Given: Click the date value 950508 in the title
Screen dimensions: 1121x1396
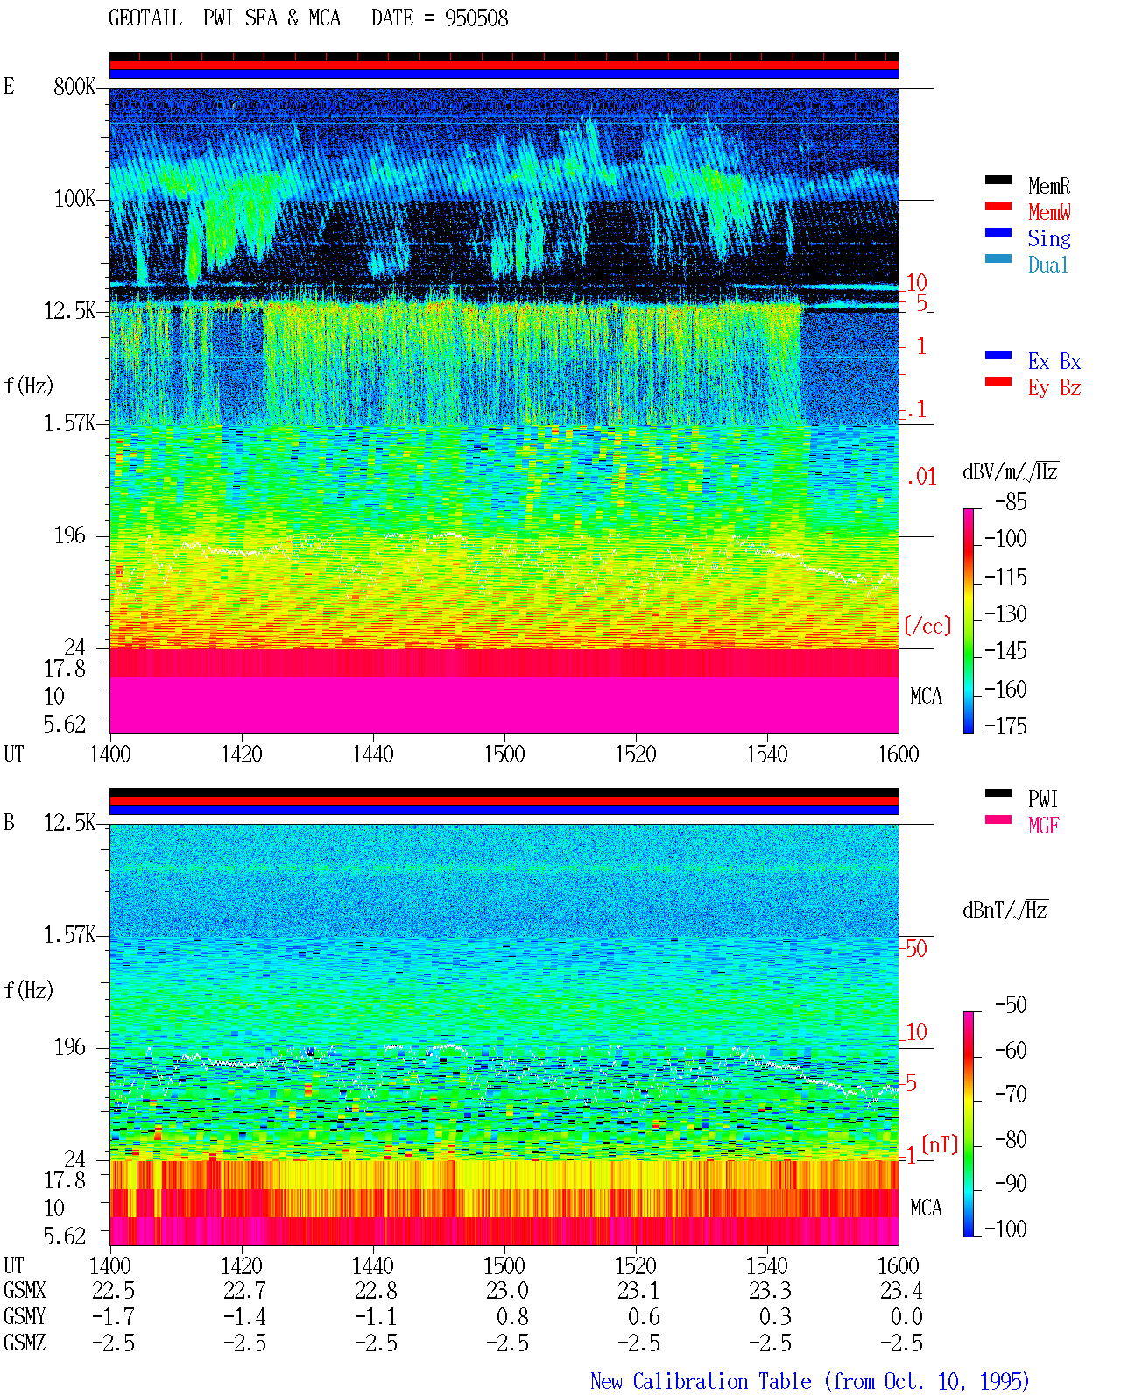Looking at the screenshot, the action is pos(476,18).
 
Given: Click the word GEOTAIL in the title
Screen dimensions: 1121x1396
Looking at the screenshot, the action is pos(145,18).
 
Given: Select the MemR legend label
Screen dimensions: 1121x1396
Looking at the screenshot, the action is pos(1049,186).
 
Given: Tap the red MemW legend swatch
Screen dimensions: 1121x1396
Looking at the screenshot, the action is pos(998,206).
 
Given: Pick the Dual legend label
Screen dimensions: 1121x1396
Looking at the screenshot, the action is pos(1048,266).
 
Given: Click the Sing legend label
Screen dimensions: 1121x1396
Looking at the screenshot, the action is pos(1049,238).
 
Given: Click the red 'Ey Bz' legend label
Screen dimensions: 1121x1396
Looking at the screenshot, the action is pos(1054,388).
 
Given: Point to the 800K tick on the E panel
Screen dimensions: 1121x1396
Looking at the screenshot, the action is pos(74,86).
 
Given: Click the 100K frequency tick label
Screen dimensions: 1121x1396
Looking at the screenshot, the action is pos(74,199).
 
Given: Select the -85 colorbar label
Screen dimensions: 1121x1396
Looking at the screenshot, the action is pos(1011,502).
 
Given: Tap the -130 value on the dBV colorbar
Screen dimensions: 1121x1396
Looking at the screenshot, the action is pos(1005,614).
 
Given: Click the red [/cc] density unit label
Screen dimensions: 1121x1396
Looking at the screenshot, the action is pos(927,626).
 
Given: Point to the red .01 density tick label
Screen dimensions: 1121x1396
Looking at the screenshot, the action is pos(921,478).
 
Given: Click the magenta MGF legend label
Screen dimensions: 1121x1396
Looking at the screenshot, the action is pos(1043,826).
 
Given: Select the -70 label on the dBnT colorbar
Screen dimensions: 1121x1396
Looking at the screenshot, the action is pos(1011,1095).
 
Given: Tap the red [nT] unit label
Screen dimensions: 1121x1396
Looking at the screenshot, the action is pos(940,1145).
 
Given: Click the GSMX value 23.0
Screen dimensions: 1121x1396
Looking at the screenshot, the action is pos(507,1291).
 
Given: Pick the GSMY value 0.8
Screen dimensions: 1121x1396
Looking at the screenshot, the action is pos(512,1317).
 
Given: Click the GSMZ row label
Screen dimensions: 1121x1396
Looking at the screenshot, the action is pos(25,1343).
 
